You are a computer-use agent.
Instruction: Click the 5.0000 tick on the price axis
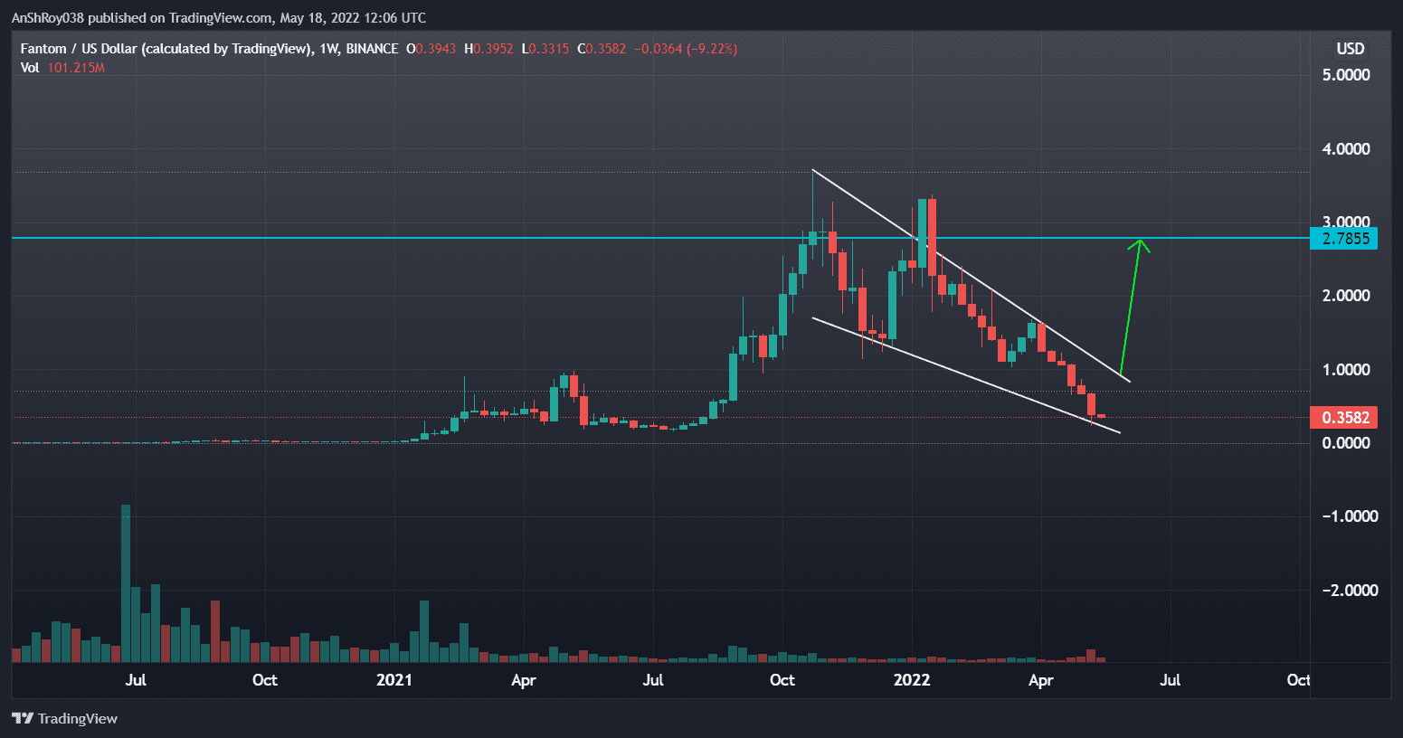click(1345, 75)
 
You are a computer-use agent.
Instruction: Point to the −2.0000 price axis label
click(1345, 590)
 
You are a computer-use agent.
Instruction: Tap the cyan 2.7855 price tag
click(1344, 239)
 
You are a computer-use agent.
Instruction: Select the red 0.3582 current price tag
click(1344, 417)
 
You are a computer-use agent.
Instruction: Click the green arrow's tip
click(1141, 241)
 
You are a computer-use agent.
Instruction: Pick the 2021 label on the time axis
click(393, 680)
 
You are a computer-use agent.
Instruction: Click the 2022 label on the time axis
click(911, 680)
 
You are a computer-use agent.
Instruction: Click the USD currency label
click(1350, 49)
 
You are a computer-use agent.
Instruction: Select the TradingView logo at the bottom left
click(65, 718)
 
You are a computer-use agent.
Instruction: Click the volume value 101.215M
click(76, 68)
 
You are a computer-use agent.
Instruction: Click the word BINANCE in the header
click(372, 49)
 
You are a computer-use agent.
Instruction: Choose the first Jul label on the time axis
click(136, 680)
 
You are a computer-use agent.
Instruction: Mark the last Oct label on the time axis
click(1298, 680)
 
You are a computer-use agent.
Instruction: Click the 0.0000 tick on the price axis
click(1345, 442)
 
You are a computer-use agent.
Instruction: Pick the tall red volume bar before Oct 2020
click(215, 631)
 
